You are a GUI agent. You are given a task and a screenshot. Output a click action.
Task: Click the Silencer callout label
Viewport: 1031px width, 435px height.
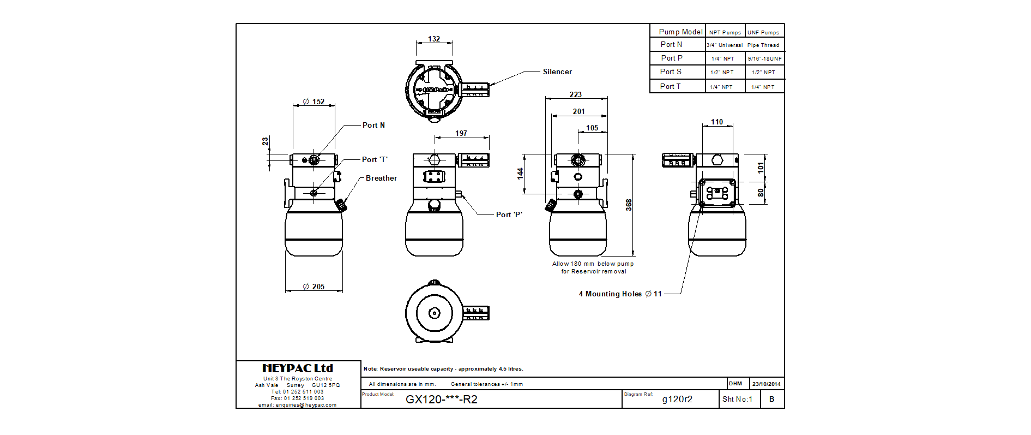[557, 71]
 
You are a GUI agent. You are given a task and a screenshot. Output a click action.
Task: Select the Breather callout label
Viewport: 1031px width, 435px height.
[381, 178]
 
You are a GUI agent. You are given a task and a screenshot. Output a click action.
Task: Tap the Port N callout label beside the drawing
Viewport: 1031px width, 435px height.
[373, 125]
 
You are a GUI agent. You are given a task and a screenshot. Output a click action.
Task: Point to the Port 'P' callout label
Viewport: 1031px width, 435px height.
[509, 214]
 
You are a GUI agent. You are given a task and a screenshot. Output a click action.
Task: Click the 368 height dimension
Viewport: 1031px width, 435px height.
[629, 205]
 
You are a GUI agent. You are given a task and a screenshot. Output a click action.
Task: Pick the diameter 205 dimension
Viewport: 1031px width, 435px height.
[314, 287]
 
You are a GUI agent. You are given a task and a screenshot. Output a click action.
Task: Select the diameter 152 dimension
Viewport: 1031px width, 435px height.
[314, 102]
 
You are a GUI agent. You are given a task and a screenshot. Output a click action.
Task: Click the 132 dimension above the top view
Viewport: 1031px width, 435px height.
[434, 39]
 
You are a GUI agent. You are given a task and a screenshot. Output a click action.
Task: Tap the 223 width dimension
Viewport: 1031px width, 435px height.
[576, 94]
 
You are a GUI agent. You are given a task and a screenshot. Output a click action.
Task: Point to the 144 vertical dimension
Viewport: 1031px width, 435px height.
[520, 173]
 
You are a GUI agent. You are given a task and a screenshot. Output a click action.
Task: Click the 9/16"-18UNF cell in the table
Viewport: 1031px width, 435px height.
[764, 58]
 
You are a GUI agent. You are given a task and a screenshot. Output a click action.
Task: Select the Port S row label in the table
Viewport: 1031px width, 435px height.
[671, 71]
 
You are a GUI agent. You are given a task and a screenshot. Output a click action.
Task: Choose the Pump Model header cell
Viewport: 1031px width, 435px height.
[680, 32]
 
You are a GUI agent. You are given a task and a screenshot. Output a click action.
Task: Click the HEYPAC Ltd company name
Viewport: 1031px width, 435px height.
[298, 368]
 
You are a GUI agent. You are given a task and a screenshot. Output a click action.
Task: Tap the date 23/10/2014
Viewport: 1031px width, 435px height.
[767, 384]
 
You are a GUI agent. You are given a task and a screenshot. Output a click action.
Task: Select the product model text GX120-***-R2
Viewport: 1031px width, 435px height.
[442, 399]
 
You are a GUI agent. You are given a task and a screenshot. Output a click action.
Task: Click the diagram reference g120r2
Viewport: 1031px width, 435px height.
[677, 399]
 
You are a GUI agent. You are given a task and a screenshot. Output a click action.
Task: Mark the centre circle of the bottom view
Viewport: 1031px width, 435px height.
[434, 313]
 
